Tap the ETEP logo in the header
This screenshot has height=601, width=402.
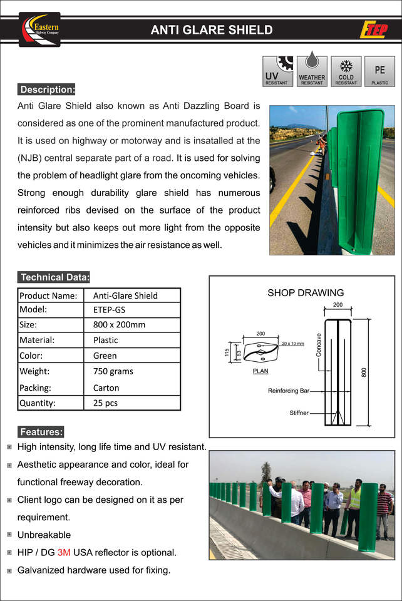click(x=373, y=29)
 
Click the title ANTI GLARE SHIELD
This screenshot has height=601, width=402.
click(x=212, y=29)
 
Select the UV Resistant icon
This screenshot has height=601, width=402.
click(x=277, y=71)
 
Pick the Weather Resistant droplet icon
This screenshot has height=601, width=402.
click(x=311, y=71)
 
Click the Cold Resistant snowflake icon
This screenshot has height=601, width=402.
click(x=346, y=71)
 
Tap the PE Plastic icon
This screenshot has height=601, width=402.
click(x=379, y=71)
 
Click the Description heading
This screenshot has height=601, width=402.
click(x=48, y=90)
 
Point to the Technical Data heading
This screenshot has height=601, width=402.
click(x=55, y=277)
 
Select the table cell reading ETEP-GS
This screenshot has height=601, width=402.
click(x=109, y=309)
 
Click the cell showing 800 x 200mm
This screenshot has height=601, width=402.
click(x=119, y=325)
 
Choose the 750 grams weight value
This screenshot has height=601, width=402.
click(x=113, y=371)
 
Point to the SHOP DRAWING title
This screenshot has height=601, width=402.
click(x=306, y=292)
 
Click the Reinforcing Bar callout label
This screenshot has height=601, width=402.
click(x=289, y=391)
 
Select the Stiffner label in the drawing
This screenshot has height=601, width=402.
click(x=299, y=413)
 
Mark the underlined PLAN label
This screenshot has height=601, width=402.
click(x=260, y=371)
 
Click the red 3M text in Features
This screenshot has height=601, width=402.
click(x=64, y=552)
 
